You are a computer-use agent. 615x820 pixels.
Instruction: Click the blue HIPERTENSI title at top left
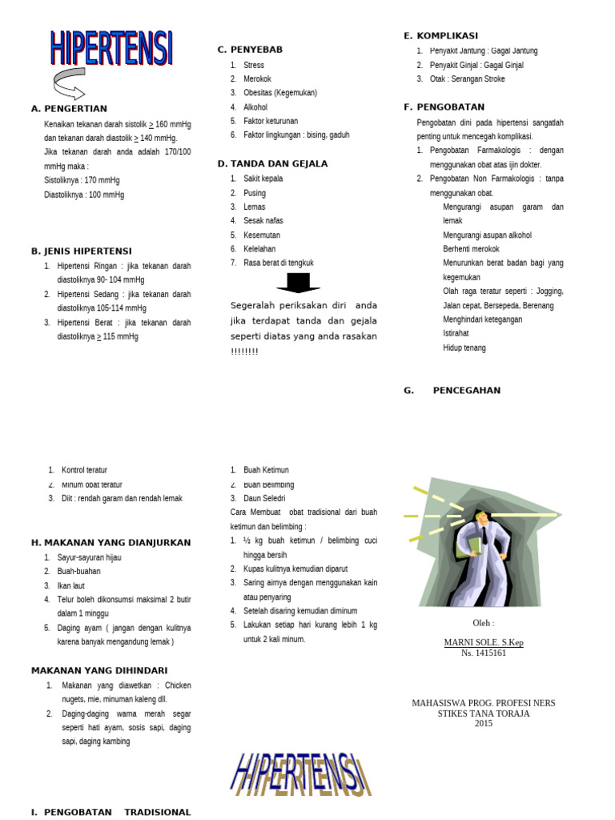point(111,48)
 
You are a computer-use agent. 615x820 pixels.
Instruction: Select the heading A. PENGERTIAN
point(69,109)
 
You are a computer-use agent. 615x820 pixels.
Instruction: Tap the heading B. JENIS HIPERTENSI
point(82,251)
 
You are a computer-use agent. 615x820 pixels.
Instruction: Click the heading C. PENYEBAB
point(250,50)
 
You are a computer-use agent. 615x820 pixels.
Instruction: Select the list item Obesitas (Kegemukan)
point(279,93)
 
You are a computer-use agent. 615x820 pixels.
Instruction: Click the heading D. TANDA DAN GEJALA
point(272,164)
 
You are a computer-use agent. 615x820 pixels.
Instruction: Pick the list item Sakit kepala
point(263,179)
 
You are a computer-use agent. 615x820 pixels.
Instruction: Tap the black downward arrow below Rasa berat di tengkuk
point(298,283)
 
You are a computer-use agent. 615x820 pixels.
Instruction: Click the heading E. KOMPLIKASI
point(440,36)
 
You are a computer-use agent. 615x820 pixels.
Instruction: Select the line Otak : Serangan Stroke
point(467,79)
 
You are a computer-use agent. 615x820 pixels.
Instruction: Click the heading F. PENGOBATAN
point(444,107)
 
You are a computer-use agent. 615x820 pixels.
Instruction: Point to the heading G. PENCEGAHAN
point(452,391)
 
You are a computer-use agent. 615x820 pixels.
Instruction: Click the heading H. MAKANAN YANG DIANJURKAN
point(111,543)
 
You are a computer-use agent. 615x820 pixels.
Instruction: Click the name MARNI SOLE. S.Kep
point(484,642)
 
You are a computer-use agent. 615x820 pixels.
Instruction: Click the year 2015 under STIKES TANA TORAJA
point(484,723)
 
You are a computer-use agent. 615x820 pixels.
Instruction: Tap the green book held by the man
point(476,545)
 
